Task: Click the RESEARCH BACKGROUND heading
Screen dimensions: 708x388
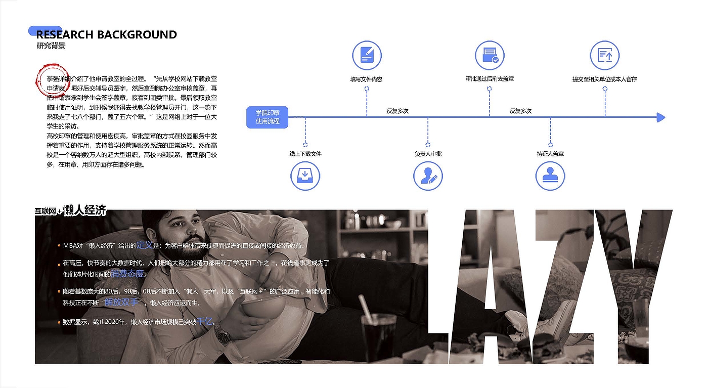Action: [107, 35]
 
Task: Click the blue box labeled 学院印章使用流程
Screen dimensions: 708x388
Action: [267, 117]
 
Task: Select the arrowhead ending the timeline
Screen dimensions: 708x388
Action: [660, 117]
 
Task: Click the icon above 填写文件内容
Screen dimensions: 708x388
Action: [367, 56]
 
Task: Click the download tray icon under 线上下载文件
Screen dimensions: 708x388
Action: [305, 176]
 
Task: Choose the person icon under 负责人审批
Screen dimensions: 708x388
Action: [428, 176]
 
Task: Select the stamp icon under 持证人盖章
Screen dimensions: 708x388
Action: [550, 176]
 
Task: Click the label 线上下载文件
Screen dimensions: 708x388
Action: [305, 154]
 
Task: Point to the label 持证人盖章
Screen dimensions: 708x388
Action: [550, 154]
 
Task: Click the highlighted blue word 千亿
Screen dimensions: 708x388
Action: [204, 321]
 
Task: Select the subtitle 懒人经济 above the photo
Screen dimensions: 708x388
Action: [85, 210]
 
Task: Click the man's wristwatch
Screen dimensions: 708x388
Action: [222, 332]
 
